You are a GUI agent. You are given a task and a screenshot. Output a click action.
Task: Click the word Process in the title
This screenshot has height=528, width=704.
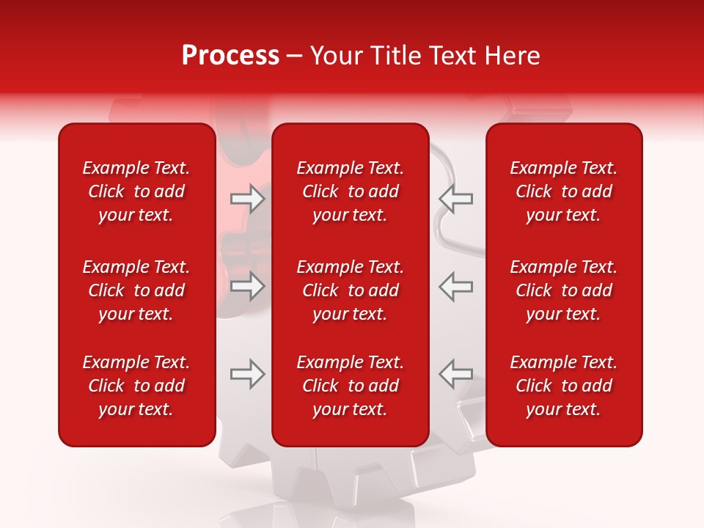click(x=230, y=56)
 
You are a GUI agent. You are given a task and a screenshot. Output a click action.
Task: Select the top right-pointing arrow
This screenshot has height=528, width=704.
click(x=248, y=199)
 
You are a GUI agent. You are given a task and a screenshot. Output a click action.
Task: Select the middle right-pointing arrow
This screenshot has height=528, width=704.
click(x=248, y=286)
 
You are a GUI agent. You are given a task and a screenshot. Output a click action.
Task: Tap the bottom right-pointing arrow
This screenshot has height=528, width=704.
click(x=248, y=374)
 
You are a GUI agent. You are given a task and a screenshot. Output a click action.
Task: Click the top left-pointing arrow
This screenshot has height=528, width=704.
click(x=455, y=199)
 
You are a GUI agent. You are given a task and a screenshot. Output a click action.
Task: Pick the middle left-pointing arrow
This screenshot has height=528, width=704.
click(x=455, y=286)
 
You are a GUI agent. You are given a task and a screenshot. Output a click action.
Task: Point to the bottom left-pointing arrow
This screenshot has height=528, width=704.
click(x=455, y=374)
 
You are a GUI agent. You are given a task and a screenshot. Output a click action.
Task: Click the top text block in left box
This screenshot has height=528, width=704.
click(x=136, y=191)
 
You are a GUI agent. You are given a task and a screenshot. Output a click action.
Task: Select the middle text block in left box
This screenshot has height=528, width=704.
click(x=136, y=290)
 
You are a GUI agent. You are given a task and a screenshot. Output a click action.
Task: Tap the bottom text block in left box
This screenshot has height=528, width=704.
click(x=136, y=386)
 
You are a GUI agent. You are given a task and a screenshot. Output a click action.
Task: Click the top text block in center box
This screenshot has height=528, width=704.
click(x=350, y=191)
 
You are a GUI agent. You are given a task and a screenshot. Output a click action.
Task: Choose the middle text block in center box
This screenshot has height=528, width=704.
click(x=350, y=290)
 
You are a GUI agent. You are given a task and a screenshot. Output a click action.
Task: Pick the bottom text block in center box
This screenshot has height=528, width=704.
click(x=350, y=386)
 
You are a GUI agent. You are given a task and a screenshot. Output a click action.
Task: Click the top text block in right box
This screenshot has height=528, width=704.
click(x=563, y=191)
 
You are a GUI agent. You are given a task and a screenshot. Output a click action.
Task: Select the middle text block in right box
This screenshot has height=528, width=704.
click(x=563, y=290)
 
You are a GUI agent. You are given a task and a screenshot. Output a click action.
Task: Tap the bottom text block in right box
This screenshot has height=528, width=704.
click(x=563, y=386)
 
